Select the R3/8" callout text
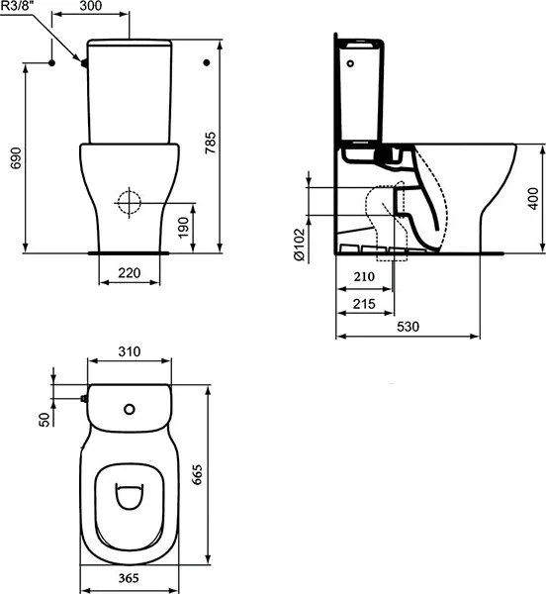pos(22,9)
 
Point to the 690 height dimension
pos(14,159)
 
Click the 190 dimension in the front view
pos(198,228)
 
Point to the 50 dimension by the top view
pos(44,421)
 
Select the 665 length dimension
pos(225,476)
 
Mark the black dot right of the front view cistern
pos(206,62)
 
